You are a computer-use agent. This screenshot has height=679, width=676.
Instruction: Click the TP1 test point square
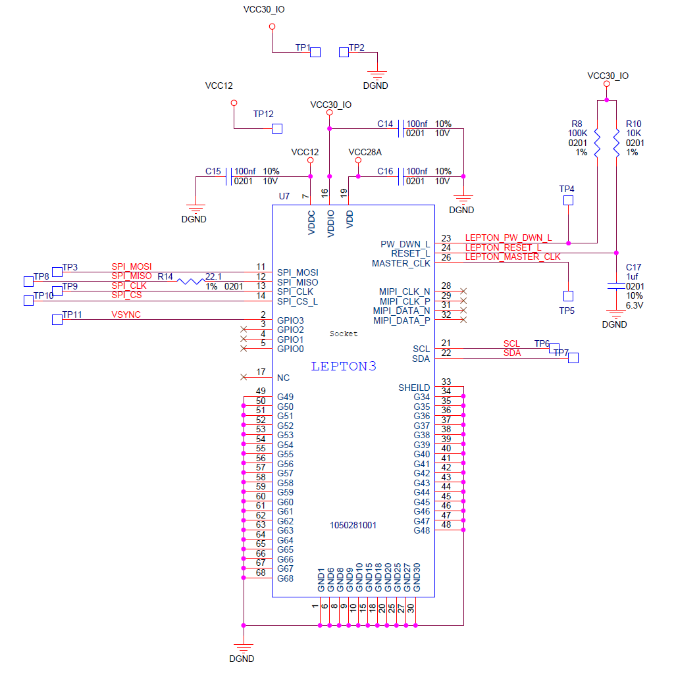pos(315,52)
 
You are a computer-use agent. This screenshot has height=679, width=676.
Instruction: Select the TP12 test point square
pos(277,128)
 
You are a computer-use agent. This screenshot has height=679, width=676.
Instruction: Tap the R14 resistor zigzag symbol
pos(191,282)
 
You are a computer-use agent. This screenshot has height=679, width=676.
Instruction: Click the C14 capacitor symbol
pos(401,128)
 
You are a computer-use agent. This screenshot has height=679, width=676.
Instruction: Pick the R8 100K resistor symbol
pos(597,143)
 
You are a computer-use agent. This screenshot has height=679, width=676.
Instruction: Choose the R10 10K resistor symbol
pos(616,143)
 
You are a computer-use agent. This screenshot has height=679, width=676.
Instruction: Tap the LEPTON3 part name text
pos(344,366)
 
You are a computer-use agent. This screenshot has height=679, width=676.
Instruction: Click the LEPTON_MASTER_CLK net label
pos(513,257)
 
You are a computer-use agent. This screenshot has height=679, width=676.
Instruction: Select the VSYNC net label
pos(126,315)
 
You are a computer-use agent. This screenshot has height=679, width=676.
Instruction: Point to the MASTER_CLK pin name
pos(401,263)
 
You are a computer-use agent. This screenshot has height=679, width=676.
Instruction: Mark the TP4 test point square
pos(568,200)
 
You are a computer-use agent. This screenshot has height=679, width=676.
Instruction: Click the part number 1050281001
pos(353,526)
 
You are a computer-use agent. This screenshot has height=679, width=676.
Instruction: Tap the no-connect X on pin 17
pos(244,377)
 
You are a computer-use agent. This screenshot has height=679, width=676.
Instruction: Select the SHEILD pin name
pos(414,388)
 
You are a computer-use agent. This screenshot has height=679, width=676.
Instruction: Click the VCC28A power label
pos(365,153)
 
